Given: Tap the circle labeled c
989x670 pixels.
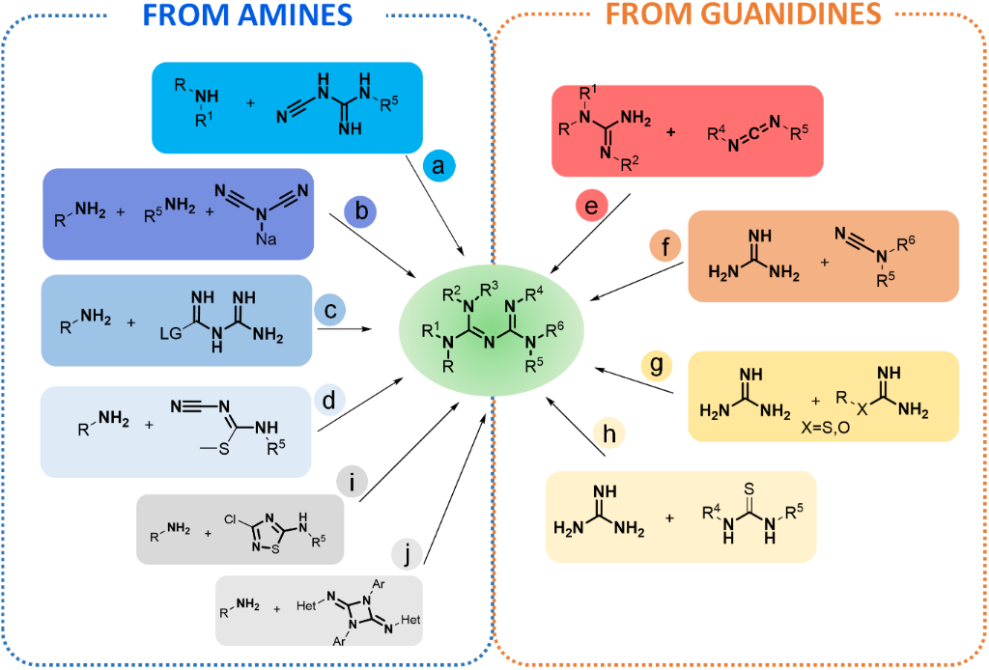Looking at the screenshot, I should (x=330, y=311).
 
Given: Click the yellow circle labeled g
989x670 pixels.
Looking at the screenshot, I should (x=657, y=368).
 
